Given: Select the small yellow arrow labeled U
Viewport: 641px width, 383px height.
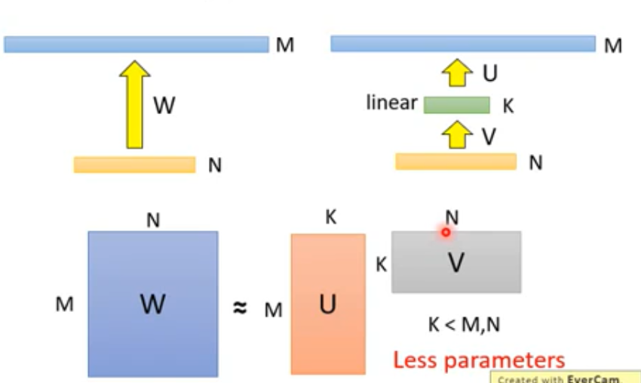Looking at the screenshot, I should (x=455, y=75).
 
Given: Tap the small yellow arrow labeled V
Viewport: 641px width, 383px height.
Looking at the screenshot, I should (x=455, y=134).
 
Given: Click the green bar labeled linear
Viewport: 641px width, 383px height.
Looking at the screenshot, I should (x=456, y=105).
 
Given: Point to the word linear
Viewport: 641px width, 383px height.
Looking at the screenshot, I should (x=391, y=102).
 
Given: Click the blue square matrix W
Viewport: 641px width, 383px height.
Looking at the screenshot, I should (x=152, y=304).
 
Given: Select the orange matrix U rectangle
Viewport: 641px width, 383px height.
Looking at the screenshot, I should (x=328, y=304).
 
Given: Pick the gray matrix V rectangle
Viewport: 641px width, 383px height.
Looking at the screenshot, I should (x=455, y=262).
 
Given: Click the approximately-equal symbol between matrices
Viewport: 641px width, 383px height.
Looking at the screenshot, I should (x=239, y=308).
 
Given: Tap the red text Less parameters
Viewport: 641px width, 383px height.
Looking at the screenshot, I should (x=478, y=360).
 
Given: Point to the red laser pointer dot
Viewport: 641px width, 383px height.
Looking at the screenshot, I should (x=446, y=233).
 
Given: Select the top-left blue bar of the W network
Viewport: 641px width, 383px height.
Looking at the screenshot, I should (x=136, y=45).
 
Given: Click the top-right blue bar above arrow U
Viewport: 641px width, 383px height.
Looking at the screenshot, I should (x=462, y=44).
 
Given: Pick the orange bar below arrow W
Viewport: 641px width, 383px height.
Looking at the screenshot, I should (x=134, y=165).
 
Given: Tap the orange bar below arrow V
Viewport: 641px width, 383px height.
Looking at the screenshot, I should (x=455, y=162).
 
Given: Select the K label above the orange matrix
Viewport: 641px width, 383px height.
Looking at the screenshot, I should (x=330, y=218).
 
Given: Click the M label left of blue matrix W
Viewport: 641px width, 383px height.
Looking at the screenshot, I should (x=65, y=305).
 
